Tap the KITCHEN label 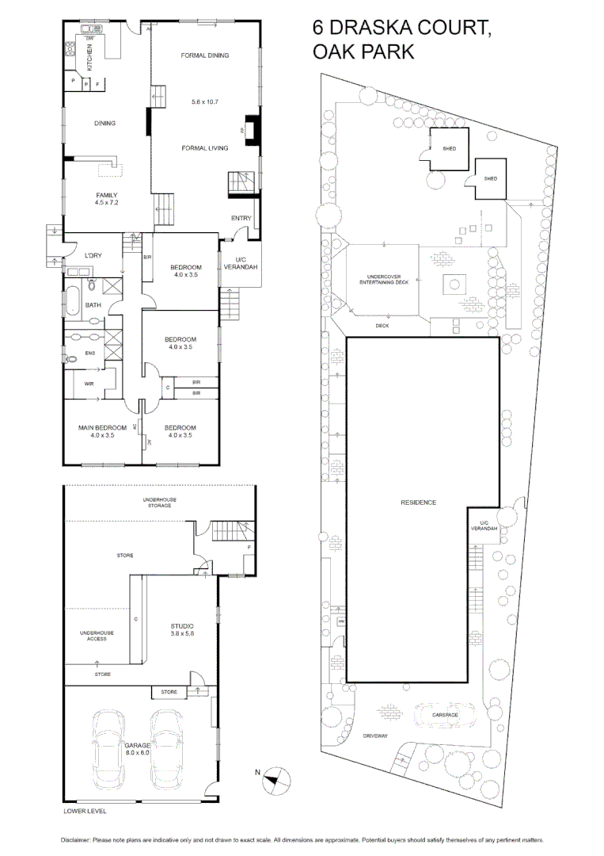pos(89,58)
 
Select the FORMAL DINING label pos(204,55)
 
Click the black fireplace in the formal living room pos(252,132)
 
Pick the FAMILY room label pos(106,195)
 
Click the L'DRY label pos(94,255)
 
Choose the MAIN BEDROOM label pos(101,428)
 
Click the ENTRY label pos(241,218)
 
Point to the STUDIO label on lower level pos(182,626)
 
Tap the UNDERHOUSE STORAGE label pos(159,502)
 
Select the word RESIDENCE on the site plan pos(418,503)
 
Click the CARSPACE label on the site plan pos(445,715)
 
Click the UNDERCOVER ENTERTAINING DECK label pos(384,280)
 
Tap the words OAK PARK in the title pos(363,52)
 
